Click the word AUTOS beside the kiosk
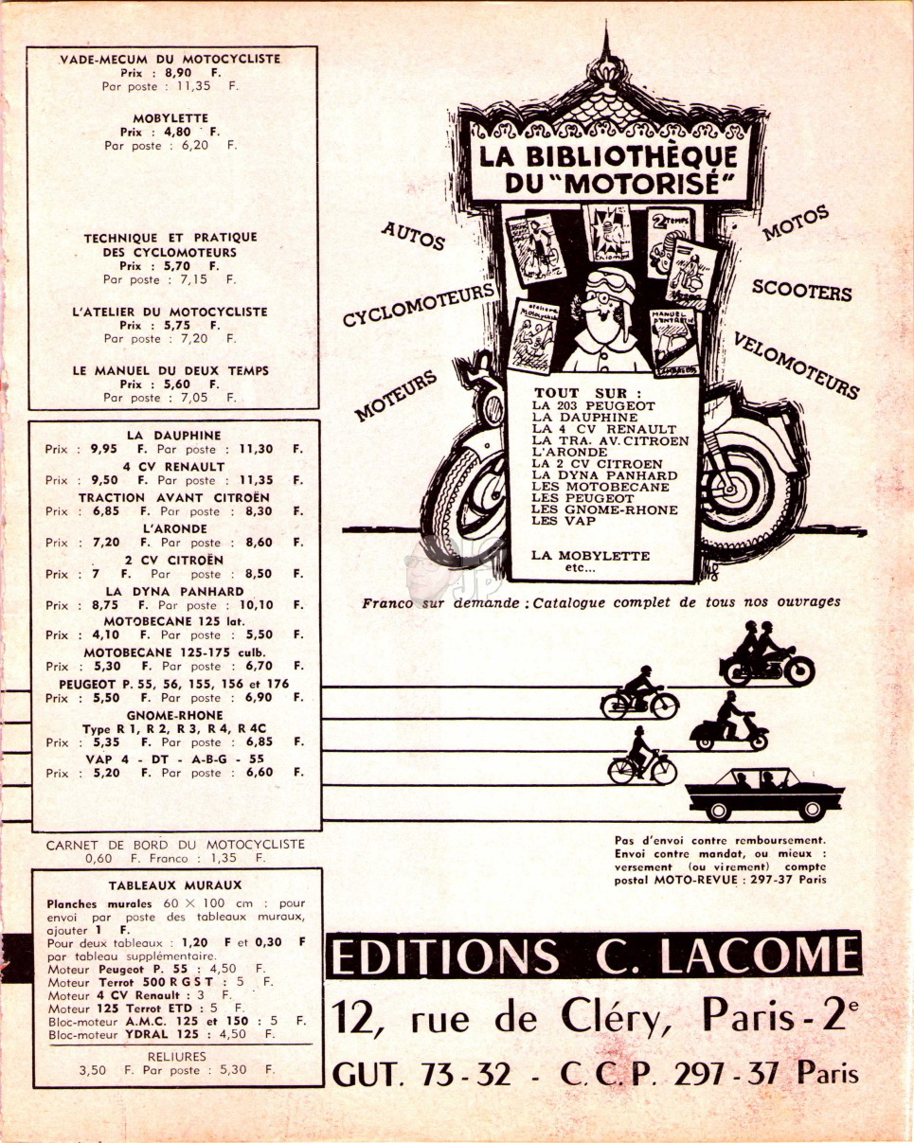coord(413,235)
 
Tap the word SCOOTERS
coord(801,291)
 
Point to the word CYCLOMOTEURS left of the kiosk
coord(419,304)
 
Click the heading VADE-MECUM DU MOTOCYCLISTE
coord(170,59)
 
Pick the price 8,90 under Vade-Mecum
coord(177,73)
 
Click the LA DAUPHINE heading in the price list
coord(173,435)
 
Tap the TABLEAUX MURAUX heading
coord(175,884)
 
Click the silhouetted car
coord(764,795)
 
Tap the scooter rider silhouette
coord(729,722)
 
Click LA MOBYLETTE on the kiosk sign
coord(590,556)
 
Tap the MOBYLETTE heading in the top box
coord(170,118)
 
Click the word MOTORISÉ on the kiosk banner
coord(642,183)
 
